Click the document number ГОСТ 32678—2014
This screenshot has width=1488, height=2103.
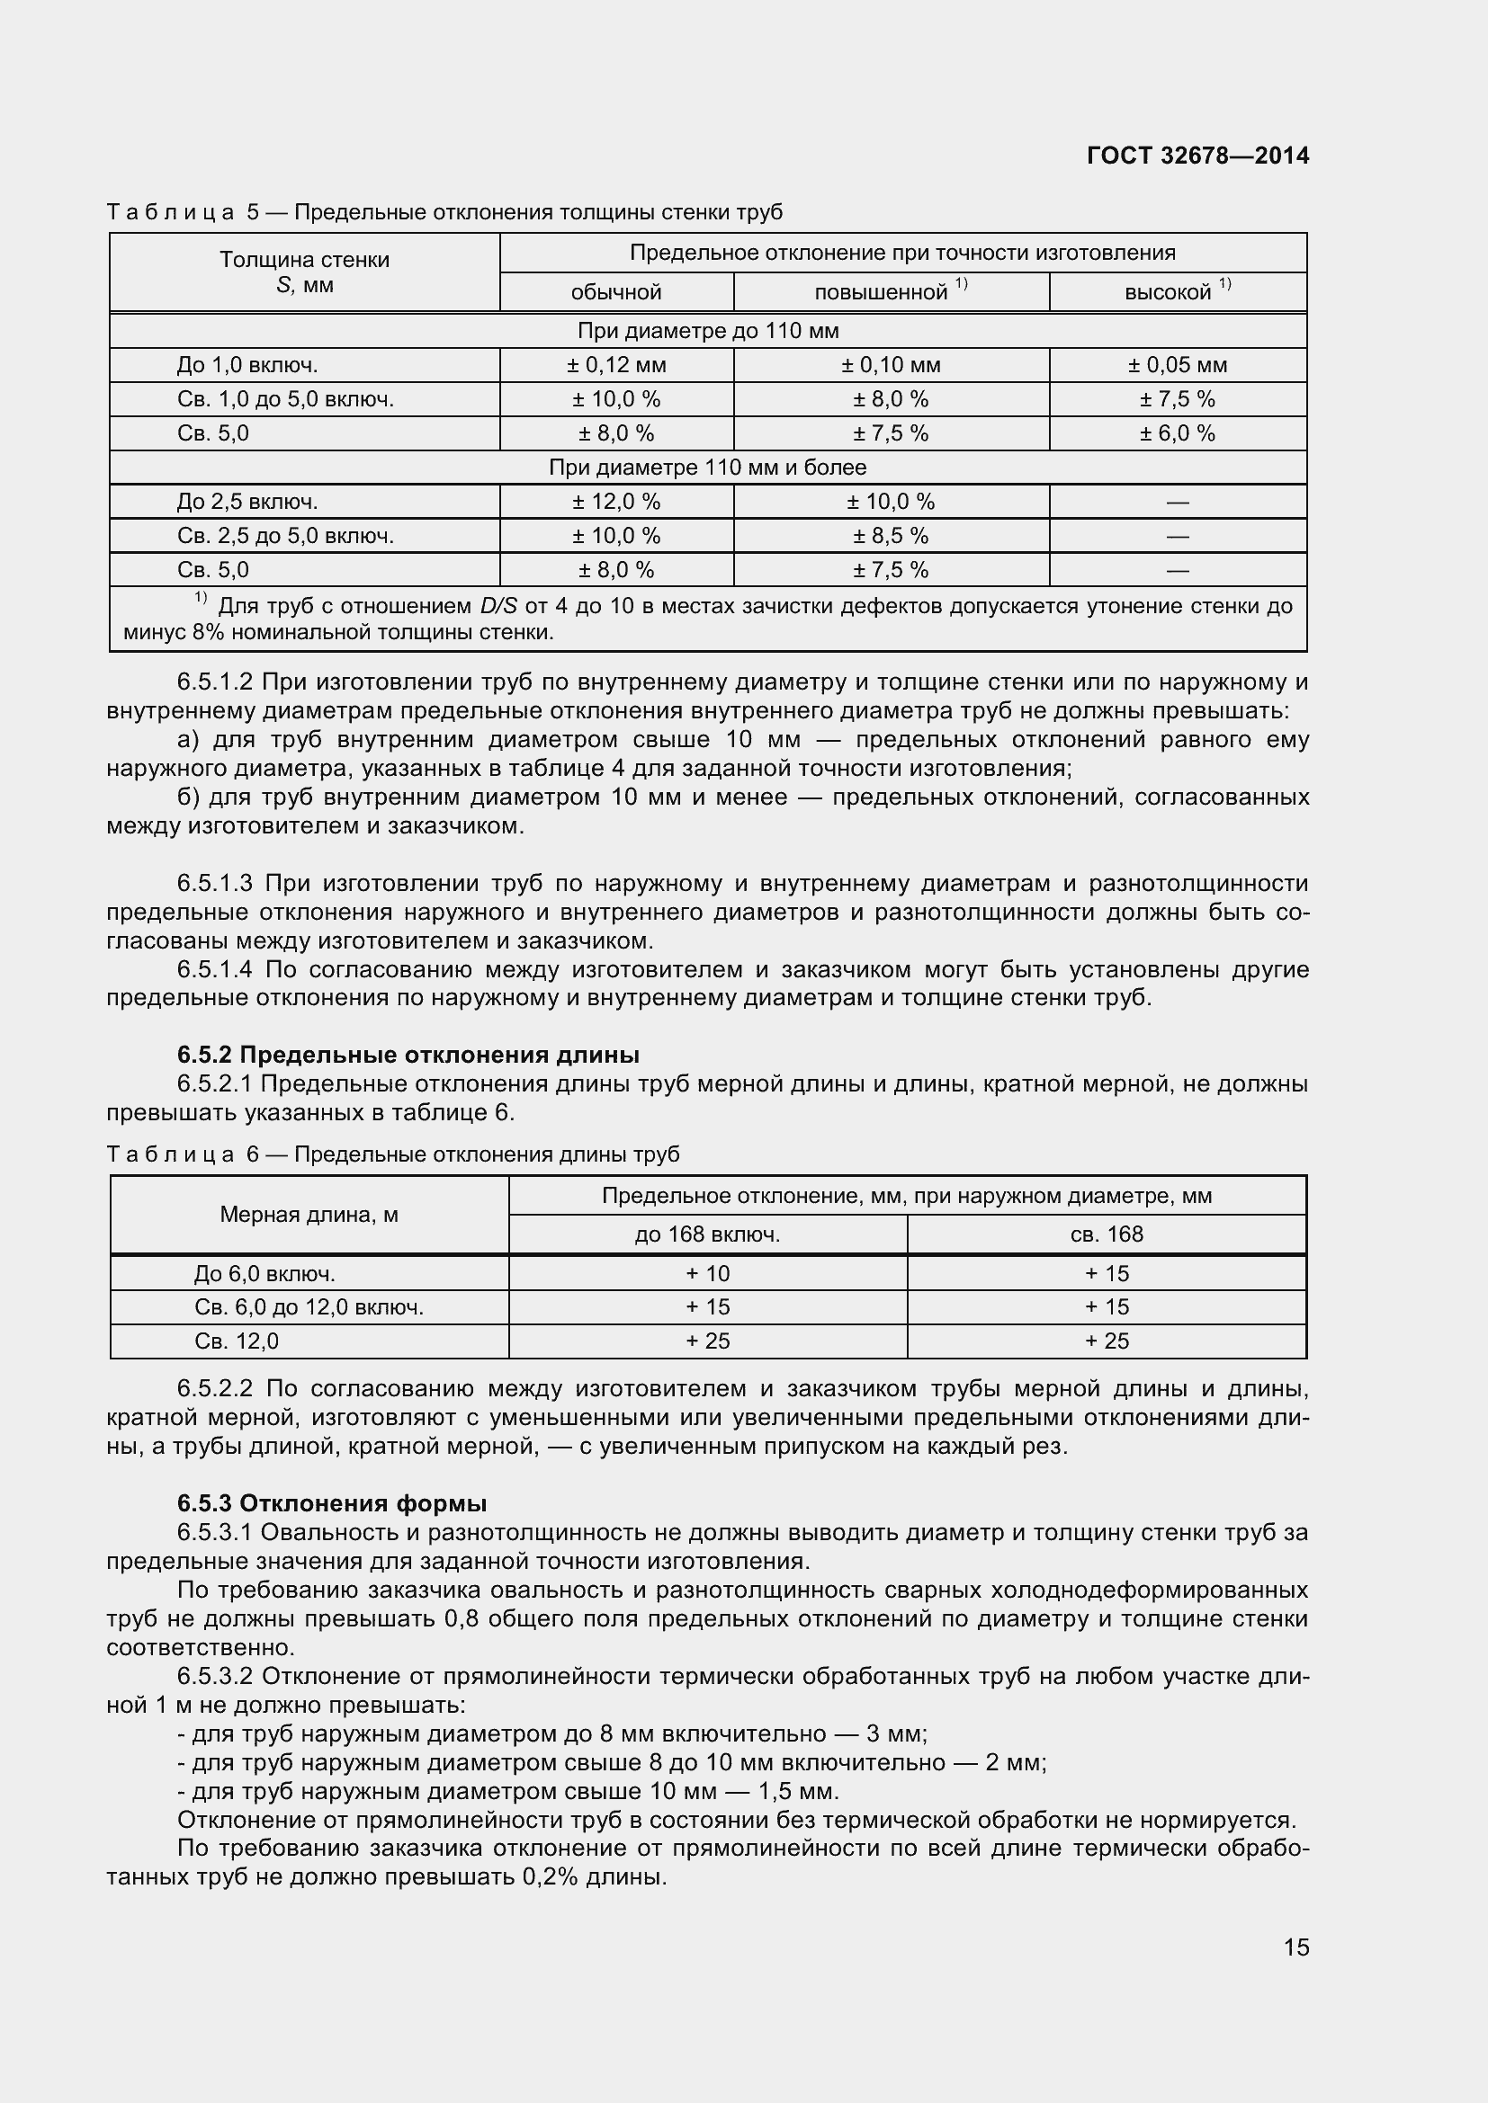tap(1197, 156)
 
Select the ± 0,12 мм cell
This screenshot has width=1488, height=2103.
tap(615, 365)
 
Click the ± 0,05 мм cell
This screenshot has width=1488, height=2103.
tap(1177, 365)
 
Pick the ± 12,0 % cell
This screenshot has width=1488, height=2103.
tap(615, 502)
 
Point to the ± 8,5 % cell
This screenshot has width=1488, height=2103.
tap(891, 536)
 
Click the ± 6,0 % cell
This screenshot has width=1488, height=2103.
tap(1177, 433)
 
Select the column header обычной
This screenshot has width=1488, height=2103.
tap(615, 292)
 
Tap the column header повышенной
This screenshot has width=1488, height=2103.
tap(882, 292)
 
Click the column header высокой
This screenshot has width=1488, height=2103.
tap(1169, 292)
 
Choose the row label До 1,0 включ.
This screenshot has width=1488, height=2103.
tap(247, 365)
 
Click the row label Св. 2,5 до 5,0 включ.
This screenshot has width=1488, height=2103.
tap(285, 536)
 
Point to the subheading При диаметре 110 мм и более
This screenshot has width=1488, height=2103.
tap(707, 468)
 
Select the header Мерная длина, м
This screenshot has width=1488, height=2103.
tap(309, 1215)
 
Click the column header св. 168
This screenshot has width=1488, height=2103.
tap(1106, 1234)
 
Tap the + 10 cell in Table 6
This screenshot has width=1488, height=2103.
tap(707, 1273)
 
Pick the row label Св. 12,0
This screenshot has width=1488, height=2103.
tap(237, 1341)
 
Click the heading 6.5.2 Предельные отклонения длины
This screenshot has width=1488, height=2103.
tap(408, 1056)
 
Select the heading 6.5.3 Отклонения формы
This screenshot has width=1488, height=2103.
tap(332, 1504)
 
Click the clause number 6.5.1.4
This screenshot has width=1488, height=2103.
tap(214, 969)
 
